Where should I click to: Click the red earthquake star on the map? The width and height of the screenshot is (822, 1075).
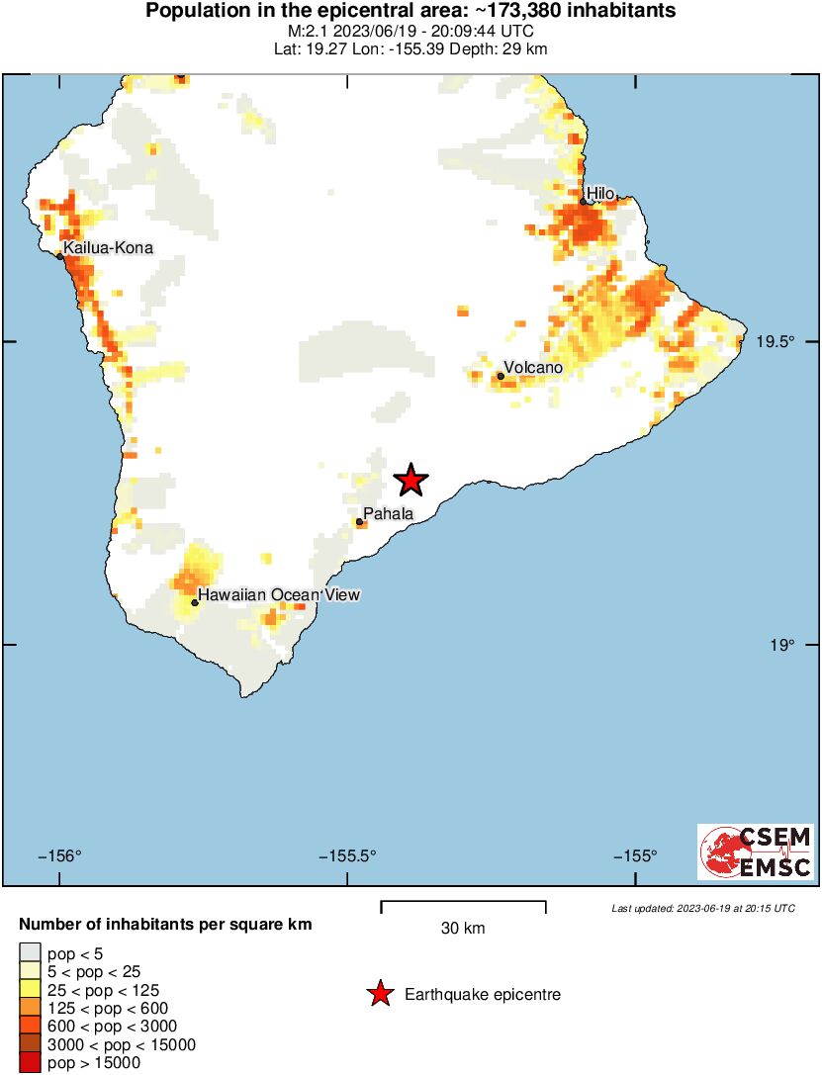tap(411, 481)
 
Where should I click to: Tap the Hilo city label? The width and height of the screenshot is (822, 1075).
tap(600, 193)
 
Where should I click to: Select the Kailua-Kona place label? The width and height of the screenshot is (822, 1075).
tap(108, 248)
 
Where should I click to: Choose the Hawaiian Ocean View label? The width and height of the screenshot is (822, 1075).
tap(278, 595)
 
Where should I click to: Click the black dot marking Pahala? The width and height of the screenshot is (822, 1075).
tap(360, 522)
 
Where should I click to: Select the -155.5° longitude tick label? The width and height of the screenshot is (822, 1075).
tap(347, 856)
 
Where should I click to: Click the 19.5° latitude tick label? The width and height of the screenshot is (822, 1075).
tap(776, 342)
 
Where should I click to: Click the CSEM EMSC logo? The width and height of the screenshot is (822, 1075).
tap(757, 852)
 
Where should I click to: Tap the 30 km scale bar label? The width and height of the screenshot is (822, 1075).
tap(463, 929)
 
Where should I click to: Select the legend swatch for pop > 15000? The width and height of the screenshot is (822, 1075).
tap(31, 1063)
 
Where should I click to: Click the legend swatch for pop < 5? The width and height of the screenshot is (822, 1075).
tap(31, 952)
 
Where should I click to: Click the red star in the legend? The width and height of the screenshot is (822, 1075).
tap(379, 995)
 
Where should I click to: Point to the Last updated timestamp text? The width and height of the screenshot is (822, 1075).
tap(702, 908)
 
